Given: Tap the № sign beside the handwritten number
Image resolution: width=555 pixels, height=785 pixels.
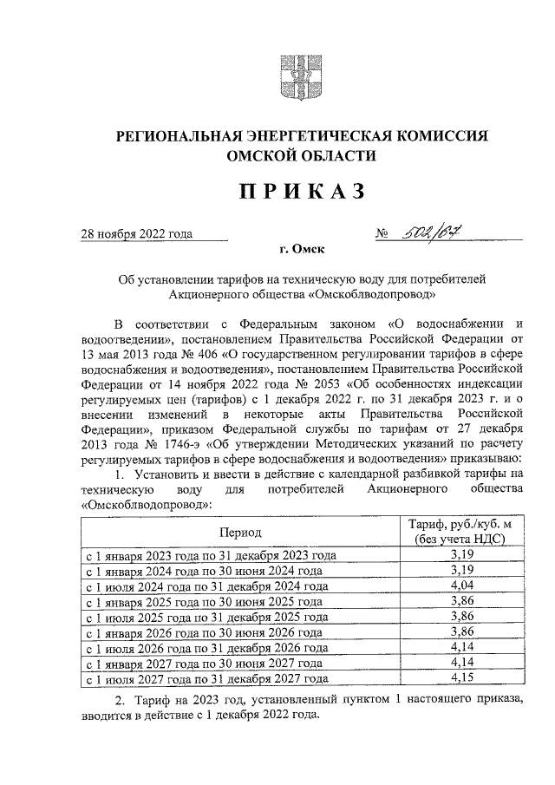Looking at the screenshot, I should coord(382,233).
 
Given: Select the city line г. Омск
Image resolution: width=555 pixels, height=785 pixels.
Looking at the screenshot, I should coord(302,250).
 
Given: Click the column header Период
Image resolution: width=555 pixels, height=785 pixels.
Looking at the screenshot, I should coord(240,532).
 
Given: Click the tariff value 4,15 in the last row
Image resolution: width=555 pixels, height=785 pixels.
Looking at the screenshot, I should coord(462,678).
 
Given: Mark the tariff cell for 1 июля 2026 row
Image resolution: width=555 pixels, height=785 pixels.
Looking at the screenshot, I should coord(462,647).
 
